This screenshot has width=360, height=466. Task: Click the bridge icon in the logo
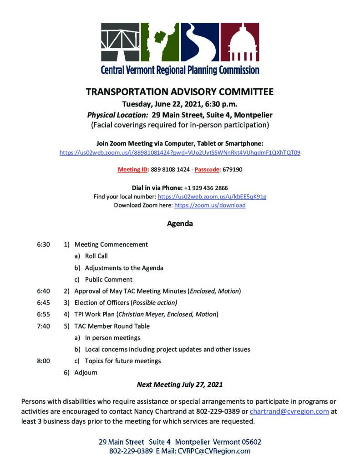120,42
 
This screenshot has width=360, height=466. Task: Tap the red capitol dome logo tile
240,42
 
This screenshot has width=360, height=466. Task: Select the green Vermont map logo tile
160,42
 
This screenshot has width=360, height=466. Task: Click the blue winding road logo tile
200,42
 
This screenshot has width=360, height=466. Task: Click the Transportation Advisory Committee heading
180,92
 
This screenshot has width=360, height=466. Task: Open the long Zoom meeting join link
180,153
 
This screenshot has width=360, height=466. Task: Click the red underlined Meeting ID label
133,170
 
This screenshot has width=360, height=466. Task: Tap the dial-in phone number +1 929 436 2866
206,187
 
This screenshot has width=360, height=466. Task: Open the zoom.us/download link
210,205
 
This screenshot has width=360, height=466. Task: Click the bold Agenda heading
180,224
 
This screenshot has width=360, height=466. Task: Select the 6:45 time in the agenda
43,303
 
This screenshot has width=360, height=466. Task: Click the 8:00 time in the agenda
43,361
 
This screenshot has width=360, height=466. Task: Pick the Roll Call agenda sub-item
96,256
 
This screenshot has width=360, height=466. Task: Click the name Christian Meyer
139,314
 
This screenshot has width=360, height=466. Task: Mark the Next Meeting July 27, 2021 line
180,385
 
